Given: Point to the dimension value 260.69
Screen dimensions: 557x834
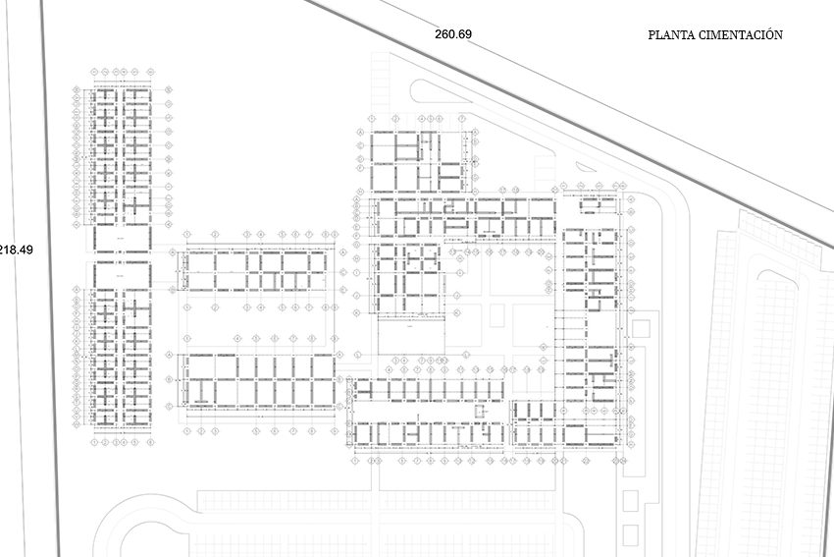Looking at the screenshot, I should pyautogui.click(x=453, y=34).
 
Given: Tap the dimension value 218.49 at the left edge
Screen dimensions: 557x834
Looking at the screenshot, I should pyautogui.click(x=16, y=250).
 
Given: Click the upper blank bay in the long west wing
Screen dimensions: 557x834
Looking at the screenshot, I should pyautogui.click(x=122, y=239).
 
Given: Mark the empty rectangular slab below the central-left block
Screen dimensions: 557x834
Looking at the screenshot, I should pyautogui.click(x=410, y=337).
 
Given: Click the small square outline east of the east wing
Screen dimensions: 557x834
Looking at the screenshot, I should pyautogui.click(x=643, y=328).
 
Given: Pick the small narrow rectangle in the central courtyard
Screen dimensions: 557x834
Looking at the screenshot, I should pyautogui.click(x=497, y=316).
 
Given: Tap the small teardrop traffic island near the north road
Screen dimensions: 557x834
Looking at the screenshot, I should pyautogui.click(x=587, y=168).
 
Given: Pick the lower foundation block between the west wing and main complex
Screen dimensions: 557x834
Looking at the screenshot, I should pyautogui.click(x=258, y=380).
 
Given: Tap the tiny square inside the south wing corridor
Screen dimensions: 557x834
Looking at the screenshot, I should pyautogui.click(x=481, y=413).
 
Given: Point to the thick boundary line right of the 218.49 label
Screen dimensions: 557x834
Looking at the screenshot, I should pyautogui.click(x=52, y=275).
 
